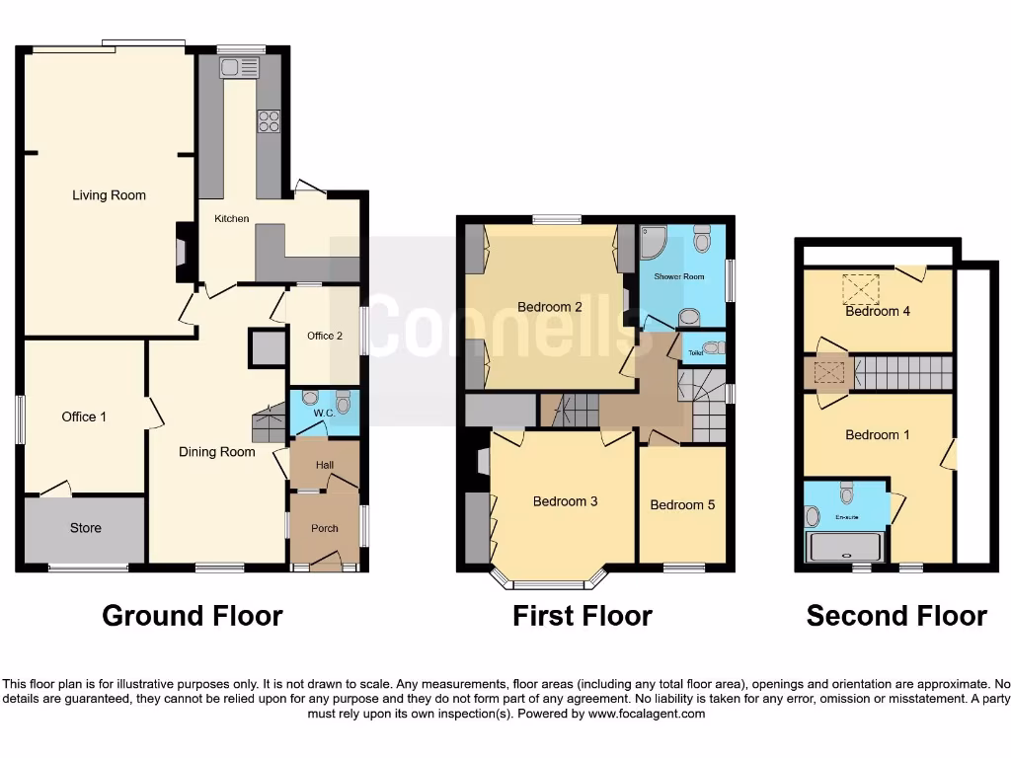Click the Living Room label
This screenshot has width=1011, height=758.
pyautogui.click(x=109, y=195)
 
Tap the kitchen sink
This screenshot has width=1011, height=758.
pyautogui.click(x=239, y=67)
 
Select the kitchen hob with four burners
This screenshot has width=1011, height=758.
pyautogui.click(x=269, y=120)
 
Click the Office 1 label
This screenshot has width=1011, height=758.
pyautogui.click(x=84, y=417)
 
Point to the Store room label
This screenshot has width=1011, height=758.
pyautogui.click(x=85, y=528)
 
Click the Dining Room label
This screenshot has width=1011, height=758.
pyautogui.click(x=216, y=452)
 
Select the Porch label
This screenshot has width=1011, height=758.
pyautogui.click(x=324, y=528)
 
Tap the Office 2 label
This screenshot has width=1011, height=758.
pyautogui.click(x=325, y=336)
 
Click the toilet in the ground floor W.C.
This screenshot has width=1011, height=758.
pyautogui.click(x=343, y=402)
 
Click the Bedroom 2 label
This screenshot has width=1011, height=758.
pyautogui.click(x=549, y=307)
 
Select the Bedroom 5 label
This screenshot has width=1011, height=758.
pyautogui.click(x=682, y=505)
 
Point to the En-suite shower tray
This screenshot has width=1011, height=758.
pyautogui.click(x=844, y=547)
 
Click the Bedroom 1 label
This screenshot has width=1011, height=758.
pyautogui.click(x=872, y=434)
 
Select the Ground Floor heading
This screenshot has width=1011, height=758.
pyautogui.click(x=193, y=616)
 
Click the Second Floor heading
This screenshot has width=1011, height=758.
pyautogui.click(x=896, y=616)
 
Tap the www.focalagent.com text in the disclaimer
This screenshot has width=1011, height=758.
pyautogui.click(x=647, y=714)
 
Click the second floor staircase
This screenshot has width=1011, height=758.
pyautogui.click(x=901, y=373)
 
